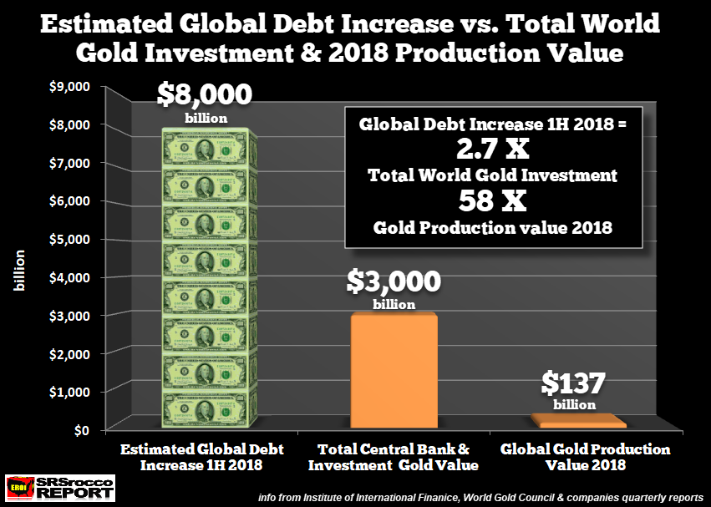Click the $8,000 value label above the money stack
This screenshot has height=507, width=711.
pyautogui.click(x=206, y=94)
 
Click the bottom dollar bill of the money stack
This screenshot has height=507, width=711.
pyautogui.click(x=206, y=410)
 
